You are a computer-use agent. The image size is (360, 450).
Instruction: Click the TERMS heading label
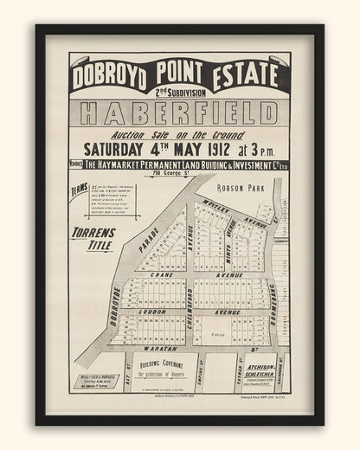[80, 197]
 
